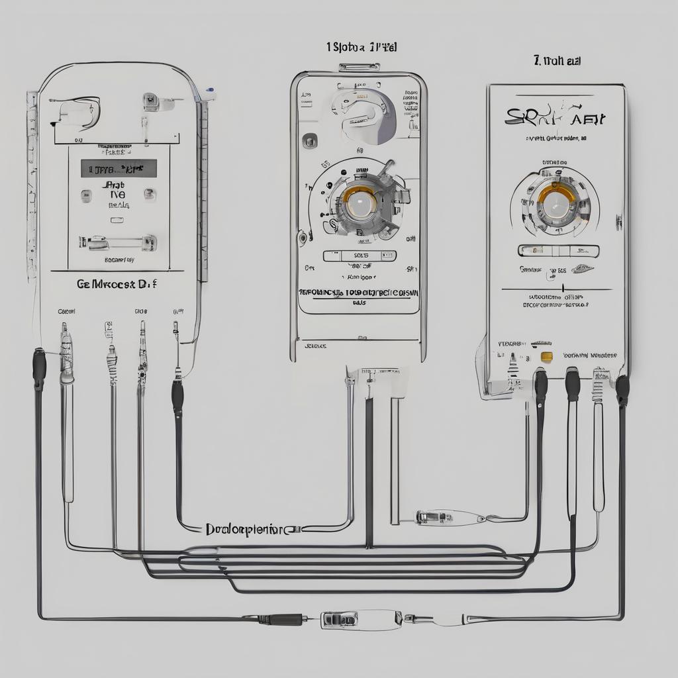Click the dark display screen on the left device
point(119,168)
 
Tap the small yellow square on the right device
point(547,357)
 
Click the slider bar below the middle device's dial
point(360,256)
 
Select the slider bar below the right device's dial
point(557,251)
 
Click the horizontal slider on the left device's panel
point(118,243)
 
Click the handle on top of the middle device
point(359,67)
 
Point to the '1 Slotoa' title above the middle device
point(361,47)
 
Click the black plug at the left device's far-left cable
point(39,368)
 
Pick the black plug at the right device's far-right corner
point(622,391)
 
